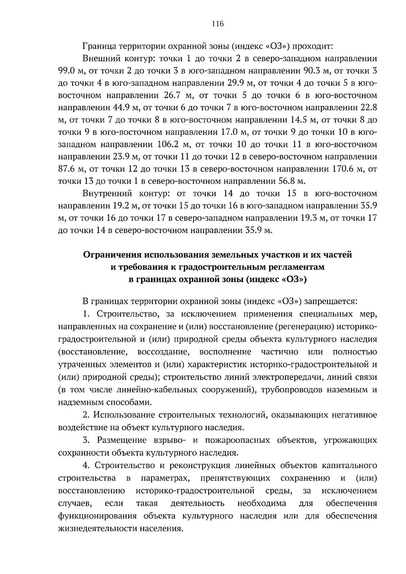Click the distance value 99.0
click(66, 71)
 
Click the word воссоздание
click(163, 352)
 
